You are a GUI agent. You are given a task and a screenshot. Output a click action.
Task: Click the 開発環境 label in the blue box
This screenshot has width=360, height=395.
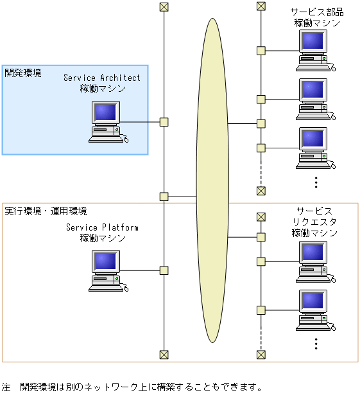23,73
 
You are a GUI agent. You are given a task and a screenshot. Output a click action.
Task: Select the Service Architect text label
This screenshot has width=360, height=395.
101,78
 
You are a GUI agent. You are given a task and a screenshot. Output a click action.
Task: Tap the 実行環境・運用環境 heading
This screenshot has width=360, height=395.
46,211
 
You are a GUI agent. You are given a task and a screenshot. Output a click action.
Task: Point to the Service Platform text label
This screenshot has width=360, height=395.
102,227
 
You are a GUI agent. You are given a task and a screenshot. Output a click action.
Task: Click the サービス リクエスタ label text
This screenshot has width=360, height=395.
314,222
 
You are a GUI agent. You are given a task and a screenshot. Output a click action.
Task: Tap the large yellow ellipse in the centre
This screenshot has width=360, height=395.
212,180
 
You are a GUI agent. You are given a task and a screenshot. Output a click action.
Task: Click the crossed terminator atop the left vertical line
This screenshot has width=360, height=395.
164,7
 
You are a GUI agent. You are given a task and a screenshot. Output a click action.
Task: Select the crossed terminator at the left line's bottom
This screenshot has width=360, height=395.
164,354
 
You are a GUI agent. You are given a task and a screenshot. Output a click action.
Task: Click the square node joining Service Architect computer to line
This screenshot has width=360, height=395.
164,122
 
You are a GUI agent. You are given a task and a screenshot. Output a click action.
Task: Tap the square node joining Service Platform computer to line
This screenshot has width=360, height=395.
164,270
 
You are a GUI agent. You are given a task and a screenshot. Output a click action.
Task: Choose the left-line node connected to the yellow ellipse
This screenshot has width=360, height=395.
164,197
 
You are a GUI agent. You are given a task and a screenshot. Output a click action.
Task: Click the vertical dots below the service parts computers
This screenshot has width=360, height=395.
316,182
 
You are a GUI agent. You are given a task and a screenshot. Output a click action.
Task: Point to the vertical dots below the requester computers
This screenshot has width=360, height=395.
316,344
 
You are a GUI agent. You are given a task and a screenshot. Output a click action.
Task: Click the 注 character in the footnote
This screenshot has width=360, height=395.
6,387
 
